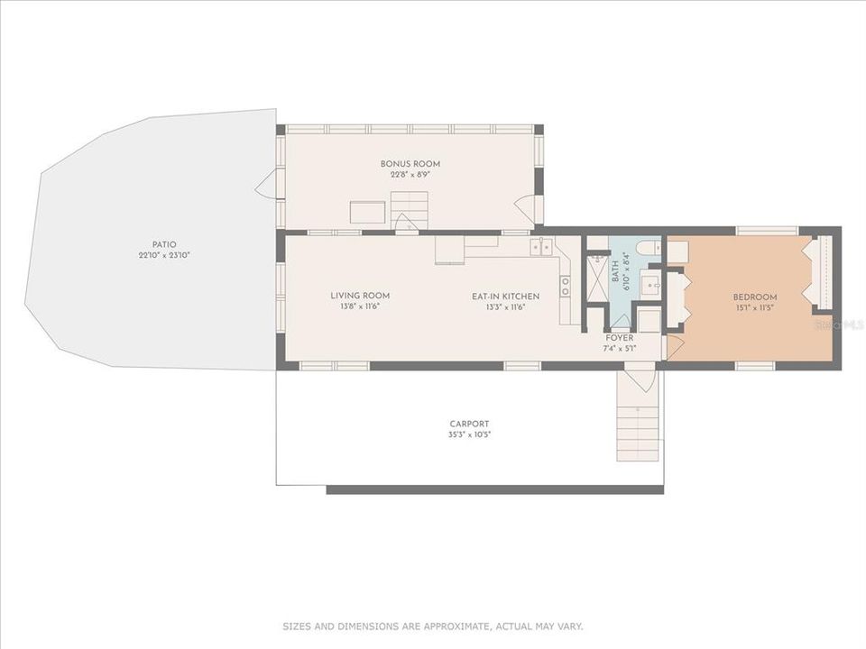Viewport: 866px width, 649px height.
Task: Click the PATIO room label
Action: tap(164, 244)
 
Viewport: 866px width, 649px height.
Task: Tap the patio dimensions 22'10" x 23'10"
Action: tap(164, 255)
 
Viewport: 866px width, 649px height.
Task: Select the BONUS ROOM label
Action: tap(410, 164)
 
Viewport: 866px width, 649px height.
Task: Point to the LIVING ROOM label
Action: tap(360, 296)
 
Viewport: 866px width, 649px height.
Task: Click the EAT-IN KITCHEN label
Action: tap(505, 296)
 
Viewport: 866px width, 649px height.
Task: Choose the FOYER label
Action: tap(619, 338)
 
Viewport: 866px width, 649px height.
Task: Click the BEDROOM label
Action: tap(754, 297)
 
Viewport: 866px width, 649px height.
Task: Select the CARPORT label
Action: tap(469, 424)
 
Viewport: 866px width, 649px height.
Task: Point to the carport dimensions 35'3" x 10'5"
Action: tap(469, 434)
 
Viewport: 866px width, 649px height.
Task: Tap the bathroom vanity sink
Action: tap(649, 287)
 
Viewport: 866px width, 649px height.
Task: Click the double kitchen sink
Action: tap(541, 246)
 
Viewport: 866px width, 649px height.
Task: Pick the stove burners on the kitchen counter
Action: tap(566, 286)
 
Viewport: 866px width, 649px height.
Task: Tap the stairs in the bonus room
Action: tap(410, 210)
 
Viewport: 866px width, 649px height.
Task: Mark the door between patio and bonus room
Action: tap(267, 186)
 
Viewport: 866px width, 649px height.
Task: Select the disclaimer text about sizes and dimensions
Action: tap(433, 626)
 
